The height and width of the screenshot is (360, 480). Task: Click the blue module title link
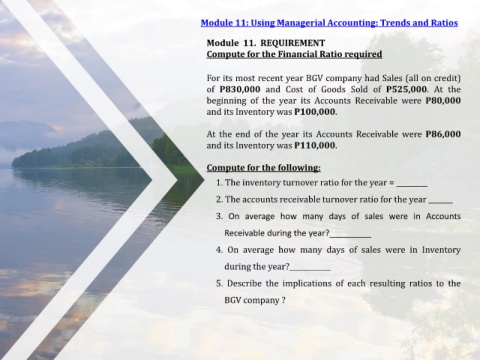pyautogui.click(x=329, y=23)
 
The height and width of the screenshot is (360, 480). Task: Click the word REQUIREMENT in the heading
pyautogui.click(x=292, y=43)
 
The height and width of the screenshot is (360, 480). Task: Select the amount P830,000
pyautogui.click(x=240, y=89)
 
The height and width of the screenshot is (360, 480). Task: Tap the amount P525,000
pyautogui.click(x=406, y=89)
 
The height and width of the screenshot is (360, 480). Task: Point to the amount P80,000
pyautogui.click(x=443, y=101)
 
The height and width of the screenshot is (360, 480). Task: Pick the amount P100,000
pyautogui.click(x=315, y=112)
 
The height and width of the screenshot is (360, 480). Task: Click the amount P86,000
pyautogui.click(x=443, y=134)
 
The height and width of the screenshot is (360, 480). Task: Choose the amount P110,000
pyautogui.click(x=315, y=146)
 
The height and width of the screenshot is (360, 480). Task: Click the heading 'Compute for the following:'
pyautogui.click(x=264, y=168)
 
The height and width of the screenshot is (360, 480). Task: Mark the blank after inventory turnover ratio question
pyautogui.click(x=412, y=186)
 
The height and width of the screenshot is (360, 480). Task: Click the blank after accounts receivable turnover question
pyautogui.click(x=441, y=203)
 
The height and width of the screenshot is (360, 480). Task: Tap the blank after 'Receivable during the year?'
pyautogui.click(x=350, y=236)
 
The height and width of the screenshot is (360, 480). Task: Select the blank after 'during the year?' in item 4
pyautogui.click(x=310, y=270)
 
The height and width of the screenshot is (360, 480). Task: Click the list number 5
pyautogui.click(x=219, y=284)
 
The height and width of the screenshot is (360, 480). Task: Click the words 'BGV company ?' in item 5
pyautogui.click(x=255, y=300)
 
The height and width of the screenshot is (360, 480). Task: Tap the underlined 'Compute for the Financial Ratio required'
pyautogui.click(x=294, y=54)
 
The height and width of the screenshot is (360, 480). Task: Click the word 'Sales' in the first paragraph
pyautogui.click(x=392, y=78)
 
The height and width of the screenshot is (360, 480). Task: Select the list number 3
pyautogui.click(x=219, y=216)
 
